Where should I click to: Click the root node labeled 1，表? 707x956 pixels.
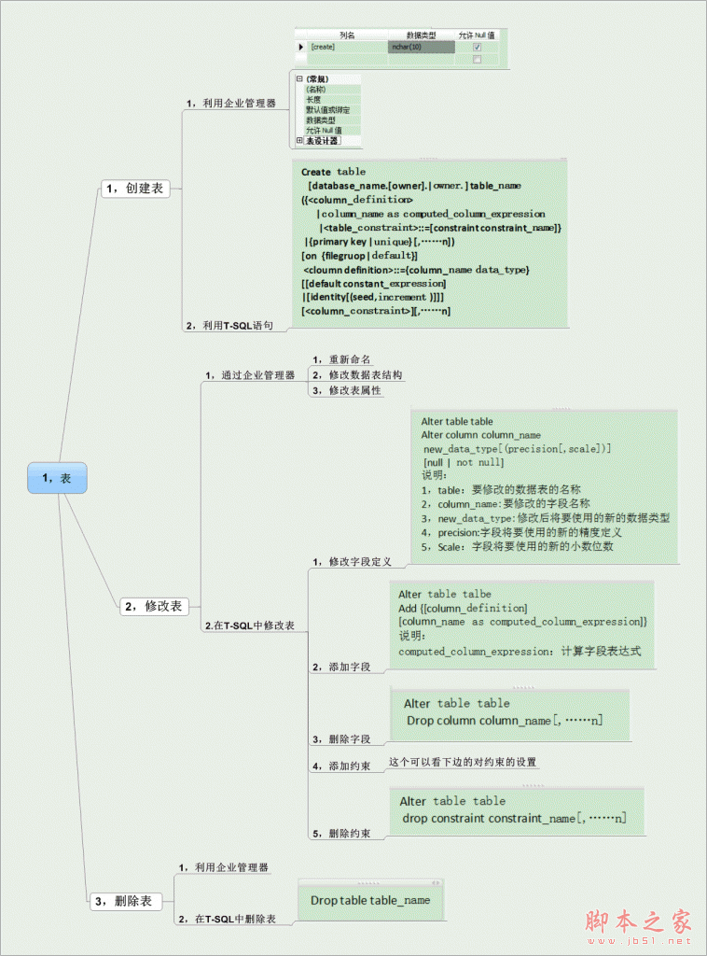click(57, 477)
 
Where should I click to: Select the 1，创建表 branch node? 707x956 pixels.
click(134, 189)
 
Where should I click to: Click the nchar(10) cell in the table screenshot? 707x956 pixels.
click(421, 46)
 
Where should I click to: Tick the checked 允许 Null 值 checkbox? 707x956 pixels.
click(478, 46)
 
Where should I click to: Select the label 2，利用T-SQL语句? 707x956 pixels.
click(229, 325)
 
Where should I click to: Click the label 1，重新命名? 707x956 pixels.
click(341, 359)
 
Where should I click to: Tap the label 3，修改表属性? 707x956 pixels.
click(347, 390)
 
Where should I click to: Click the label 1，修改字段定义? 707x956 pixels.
click(352, 562)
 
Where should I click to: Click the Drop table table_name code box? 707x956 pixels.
click(370, 900)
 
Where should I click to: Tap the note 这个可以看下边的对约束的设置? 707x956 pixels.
click(463, 762)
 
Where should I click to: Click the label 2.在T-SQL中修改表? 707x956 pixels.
click(249, 626)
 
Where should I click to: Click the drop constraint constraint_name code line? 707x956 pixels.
click(514, 819)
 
